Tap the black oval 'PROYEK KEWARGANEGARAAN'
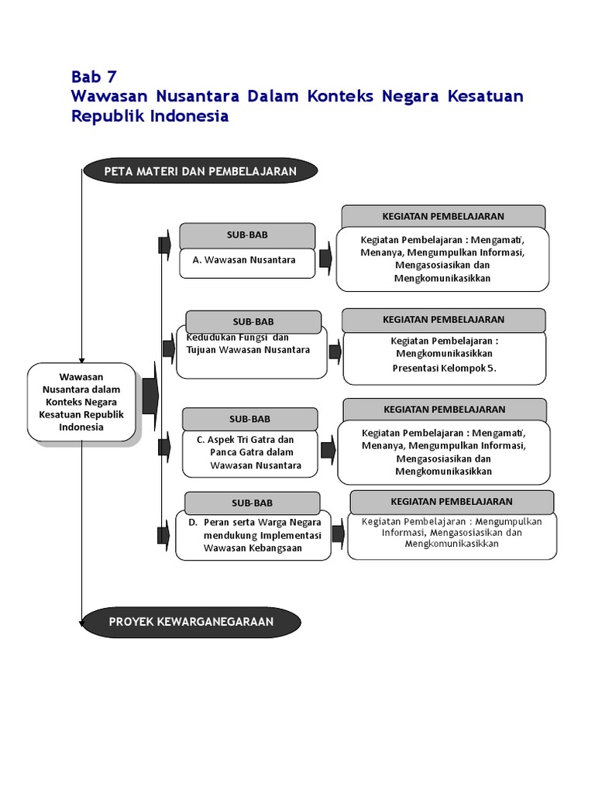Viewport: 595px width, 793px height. point(191,621)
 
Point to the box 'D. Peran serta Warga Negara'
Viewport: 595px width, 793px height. point(253,535)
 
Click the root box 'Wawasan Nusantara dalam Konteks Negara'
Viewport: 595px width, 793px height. point(81,402)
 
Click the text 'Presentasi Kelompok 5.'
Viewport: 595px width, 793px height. point(443,368)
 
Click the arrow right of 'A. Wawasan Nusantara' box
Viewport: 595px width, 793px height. point(325,256)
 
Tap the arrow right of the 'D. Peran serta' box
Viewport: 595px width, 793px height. point(337,533)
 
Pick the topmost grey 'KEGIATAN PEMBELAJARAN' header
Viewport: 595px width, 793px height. point(443,217)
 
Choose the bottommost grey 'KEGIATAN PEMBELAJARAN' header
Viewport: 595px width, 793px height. point(452,502)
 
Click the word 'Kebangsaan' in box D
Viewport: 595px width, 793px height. point(276,548)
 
